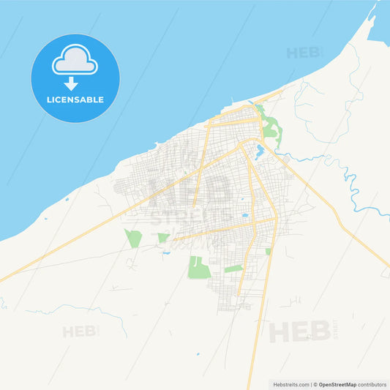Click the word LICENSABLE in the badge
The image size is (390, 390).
pyautogui.click(x=75, y=100)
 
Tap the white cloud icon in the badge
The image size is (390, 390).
pyautogui.click(x=75, y=60)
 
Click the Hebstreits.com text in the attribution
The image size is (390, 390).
pyautogui.click(x=290, y=384)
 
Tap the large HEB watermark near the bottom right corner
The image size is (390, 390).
pyautogui.click(x=300, y=331)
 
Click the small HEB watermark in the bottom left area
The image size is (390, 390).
pyautogui.click(x=80, y=331)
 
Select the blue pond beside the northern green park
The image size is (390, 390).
pyautogui.click(x=259, y=151)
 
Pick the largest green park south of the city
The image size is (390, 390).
pyautogui.click(x=198, y=268)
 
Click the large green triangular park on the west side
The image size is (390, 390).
pyautogui.click(x=132, y=239)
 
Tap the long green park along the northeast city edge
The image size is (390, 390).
pyautogui.click(x=271, y=128)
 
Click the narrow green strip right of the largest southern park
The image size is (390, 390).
pyautogui.click(x=233, y=269)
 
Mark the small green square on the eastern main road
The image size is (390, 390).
pyautogui.click(x=268, y=251)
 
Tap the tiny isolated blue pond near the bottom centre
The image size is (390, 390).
pyautogui.click(x=198, y=354)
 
